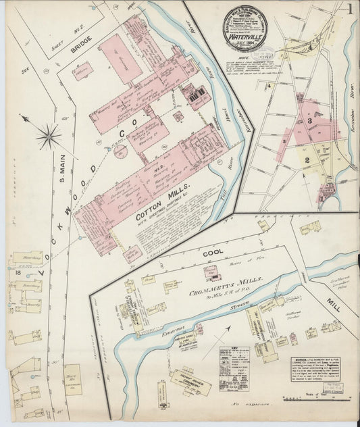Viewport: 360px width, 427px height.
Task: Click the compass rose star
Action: pyautogui.click(x=49, y=136)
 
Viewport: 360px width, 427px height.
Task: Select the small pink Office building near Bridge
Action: pyautogui.click(x=83, y=71)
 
